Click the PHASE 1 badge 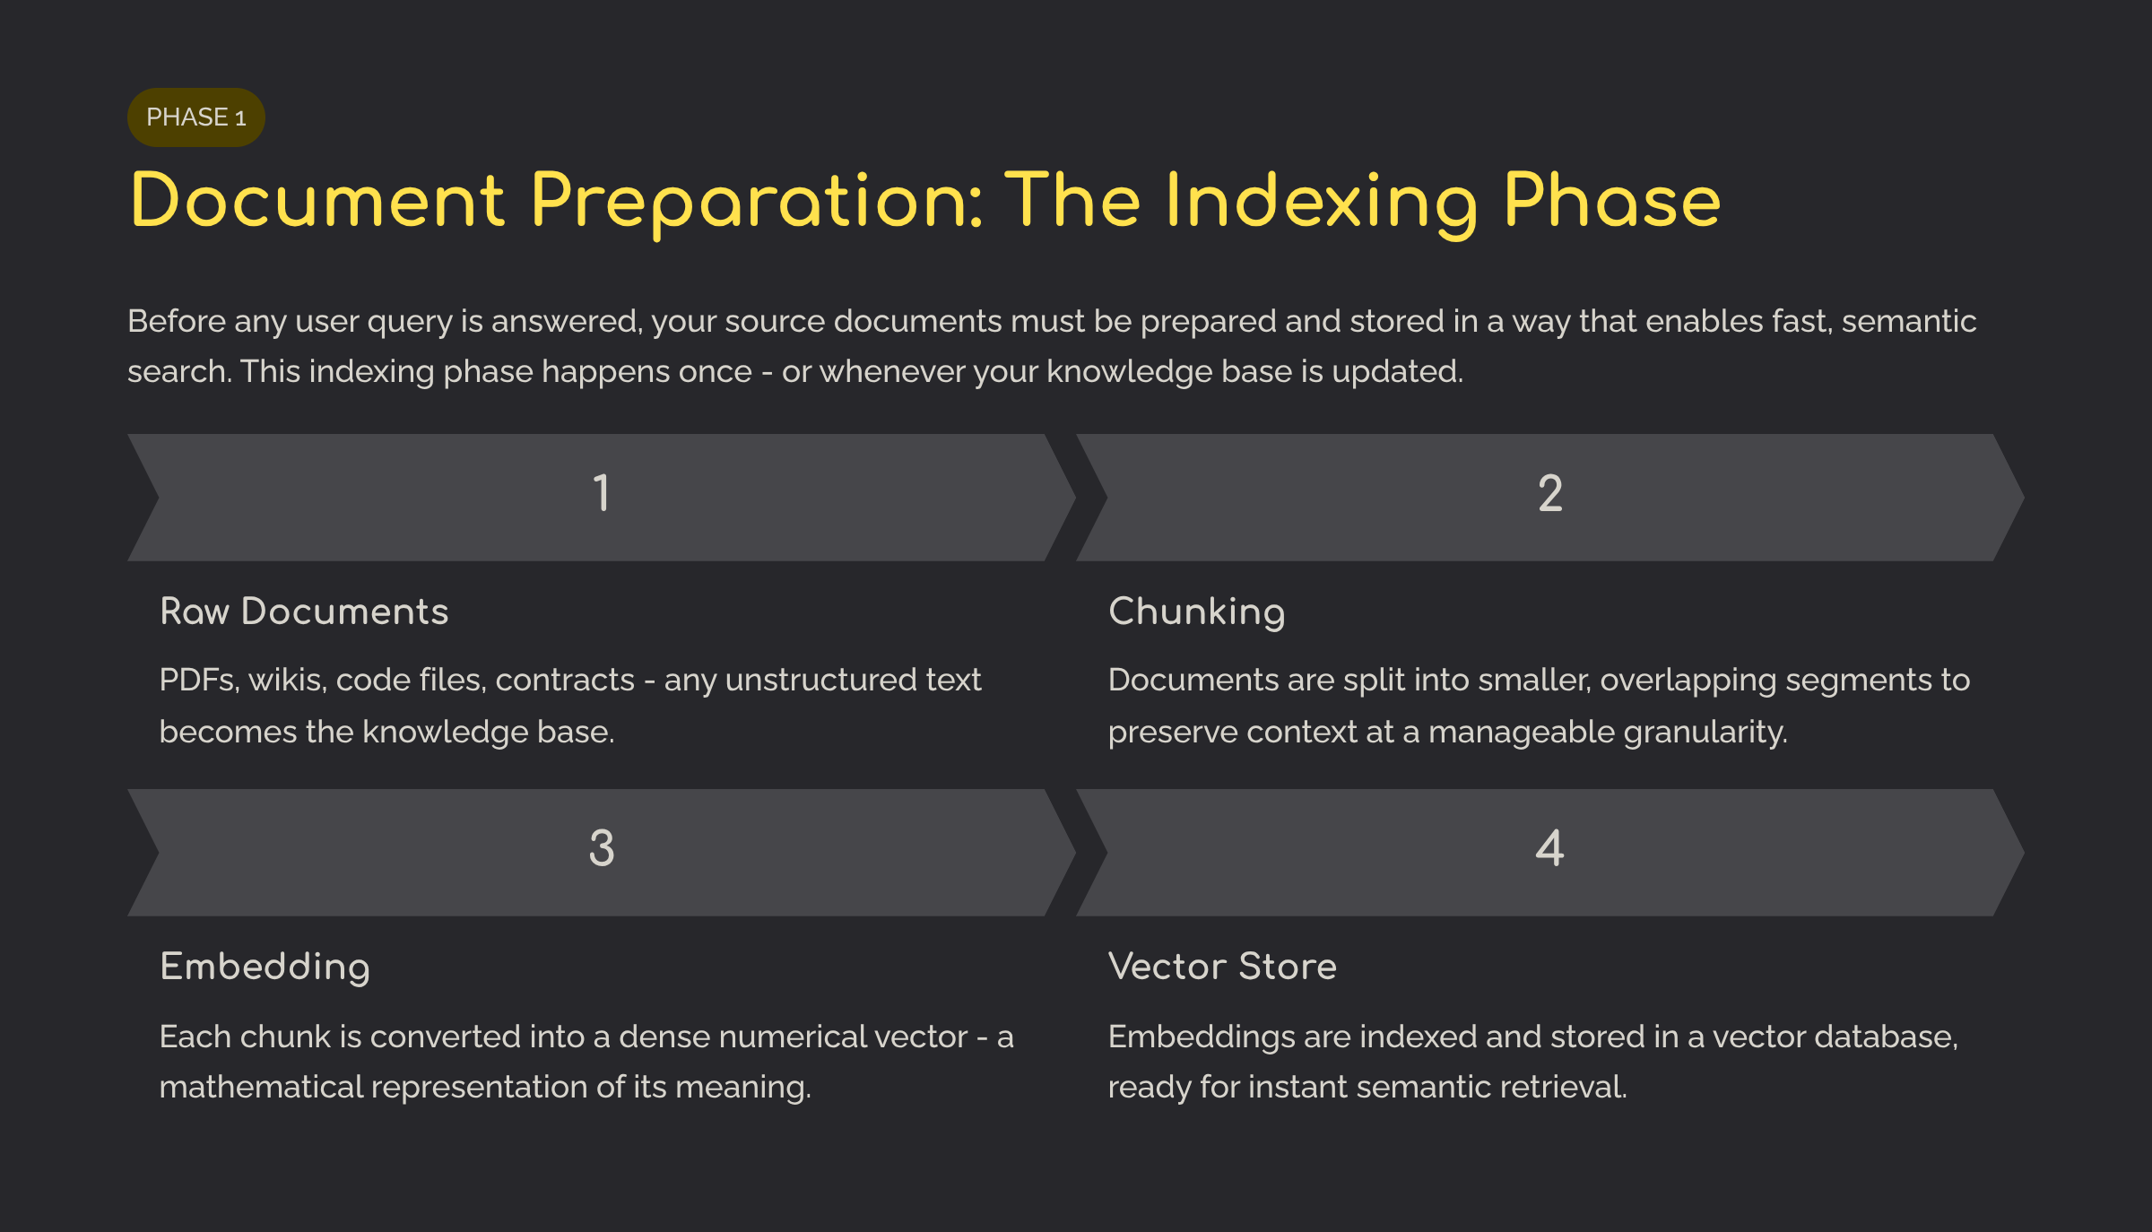(x=195, y=117)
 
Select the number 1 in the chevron (x=602, y=493)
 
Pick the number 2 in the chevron (x=1550, y=493)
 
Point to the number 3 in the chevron (x=602, y=848)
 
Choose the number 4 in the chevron (x=1550, y=848)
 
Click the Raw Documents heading (x=304, y=612)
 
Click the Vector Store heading (x=1222, y=967)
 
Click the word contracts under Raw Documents (x=565, y=681)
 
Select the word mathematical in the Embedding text (x=261, y=1088)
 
